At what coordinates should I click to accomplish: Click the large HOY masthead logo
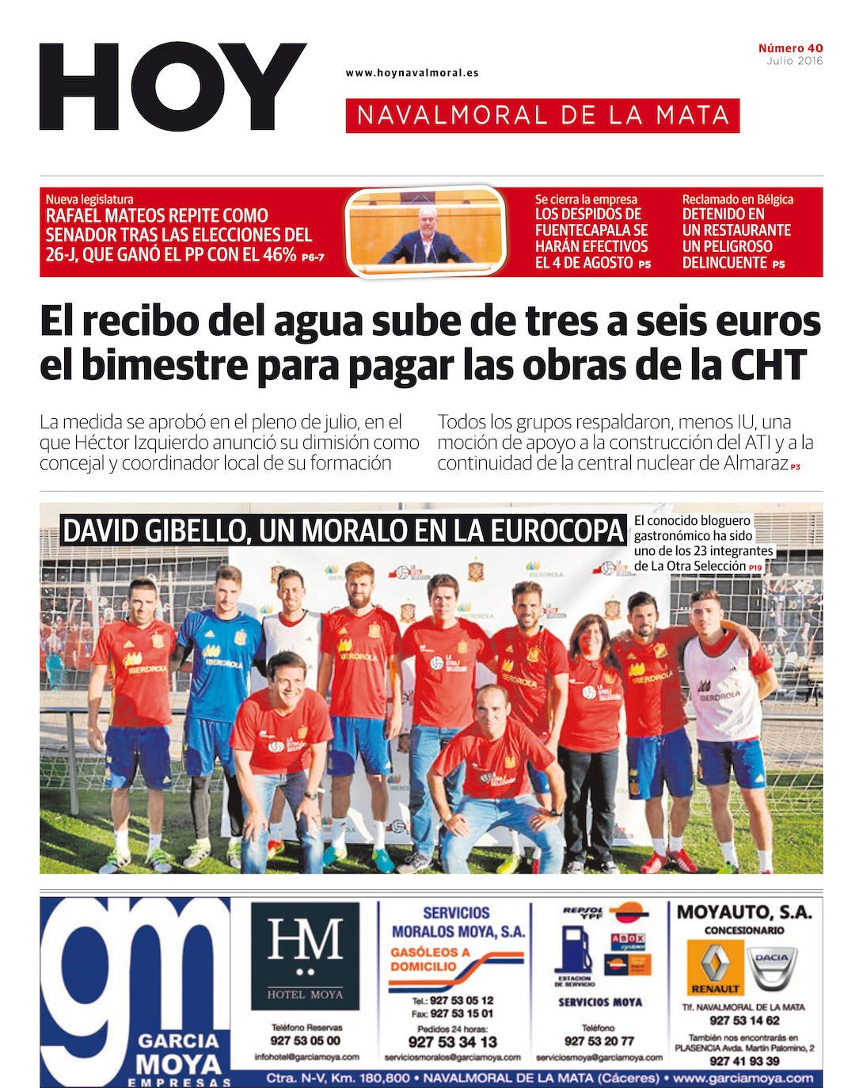point(173,87)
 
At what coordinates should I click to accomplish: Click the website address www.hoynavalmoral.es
point(412,73)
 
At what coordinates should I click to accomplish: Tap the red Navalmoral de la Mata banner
point(542,116)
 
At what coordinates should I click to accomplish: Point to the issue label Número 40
point(790,48)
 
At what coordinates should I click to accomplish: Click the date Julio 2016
point(794,61)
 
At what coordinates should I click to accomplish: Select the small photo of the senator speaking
point(425,232)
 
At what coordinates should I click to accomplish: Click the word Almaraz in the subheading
point(755,463)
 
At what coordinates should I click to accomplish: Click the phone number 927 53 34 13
point(453,1042)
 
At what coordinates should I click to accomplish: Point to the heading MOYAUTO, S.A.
point(744,912)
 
